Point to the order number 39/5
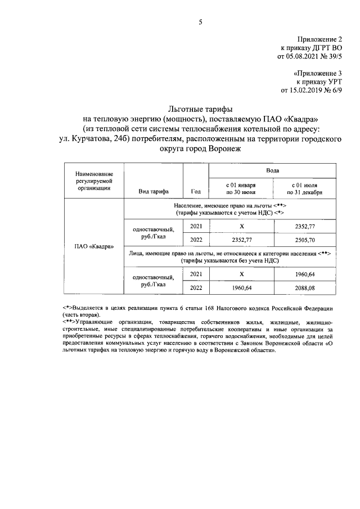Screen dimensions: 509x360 (332, 56)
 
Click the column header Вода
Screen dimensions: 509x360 (273, 169)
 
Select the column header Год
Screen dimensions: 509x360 (196, 191)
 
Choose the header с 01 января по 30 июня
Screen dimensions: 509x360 (241, 188)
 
